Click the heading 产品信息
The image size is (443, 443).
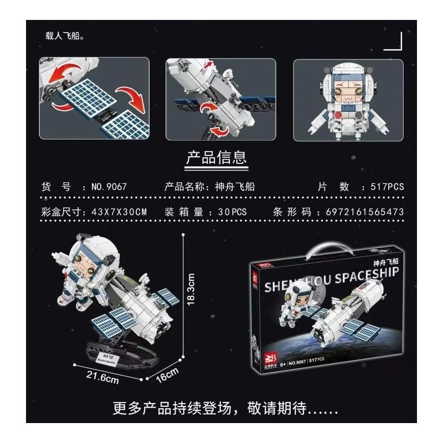tap(216, 158)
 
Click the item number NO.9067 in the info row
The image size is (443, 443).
tap(109, 187)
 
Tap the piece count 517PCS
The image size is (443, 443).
tap(383, 187)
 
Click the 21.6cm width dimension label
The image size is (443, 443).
tap(102, 379)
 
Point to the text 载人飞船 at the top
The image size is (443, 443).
tap(64, 36)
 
